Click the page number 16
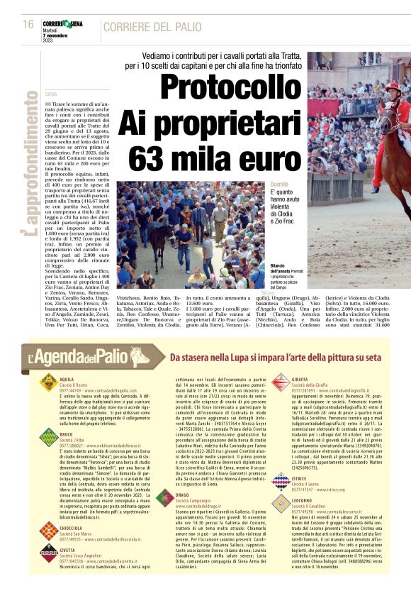tap(28, 24)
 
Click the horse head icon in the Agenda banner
tap(142, 356)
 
